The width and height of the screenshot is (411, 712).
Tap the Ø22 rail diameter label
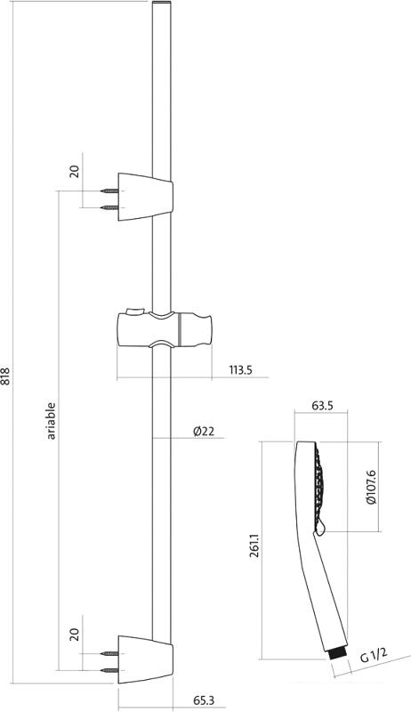[x=203, y=432]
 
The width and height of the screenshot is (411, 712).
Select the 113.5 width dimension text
[x=240, y=370]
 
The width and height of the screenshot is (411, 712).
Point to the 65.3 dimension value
[x=204, y=700]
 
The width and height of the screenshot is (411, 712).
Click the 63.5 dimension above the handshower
[x=323, y=406]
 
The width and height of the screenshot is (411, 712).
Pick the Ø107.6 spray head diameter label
[x=372, y=487]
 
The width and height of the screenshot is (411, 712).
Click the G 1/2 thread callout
[x=374, y=655]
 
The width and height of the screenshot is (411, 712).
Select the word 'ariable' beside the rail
[x=52, y=421]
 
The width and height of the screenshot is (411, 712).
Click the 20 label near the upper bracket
[x=75, y=171]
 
